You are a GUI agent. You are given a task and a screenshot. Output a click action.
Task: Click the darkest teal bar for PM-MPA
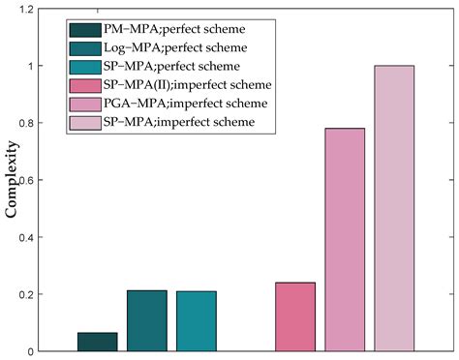(97, 342)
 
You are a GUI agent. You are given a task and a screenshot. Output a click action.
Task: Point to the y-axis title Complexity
(14, 180)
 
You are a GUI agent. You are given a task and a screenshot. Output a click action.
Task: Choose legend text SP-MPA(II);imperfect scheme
(171, 85)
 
